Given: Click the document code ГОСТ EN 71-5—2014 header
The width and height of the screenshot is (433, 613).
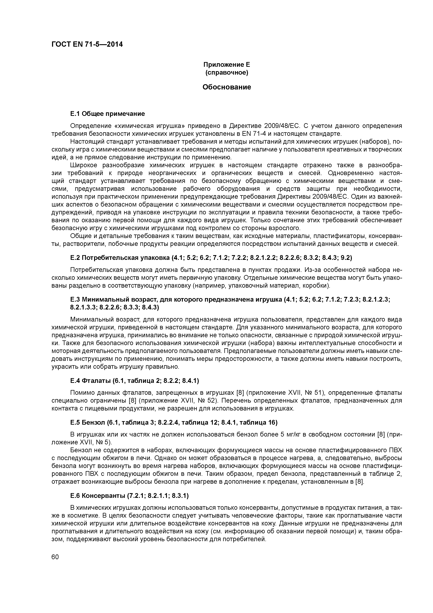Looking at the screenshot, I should coord(87,44).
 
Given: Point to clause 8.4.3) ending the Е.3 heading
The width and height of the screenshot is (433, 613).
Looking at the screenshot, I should coord(151,307).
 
